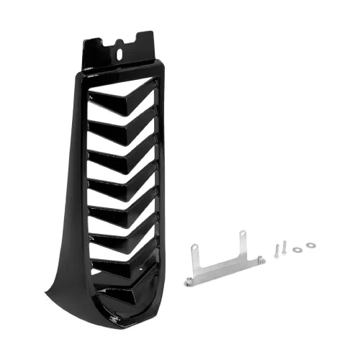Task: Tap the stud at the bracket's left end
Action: tap(189, 279)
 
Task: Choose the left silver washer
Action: tap(298, 249)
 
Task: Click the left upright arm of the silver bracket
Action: tap(194, 256)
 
